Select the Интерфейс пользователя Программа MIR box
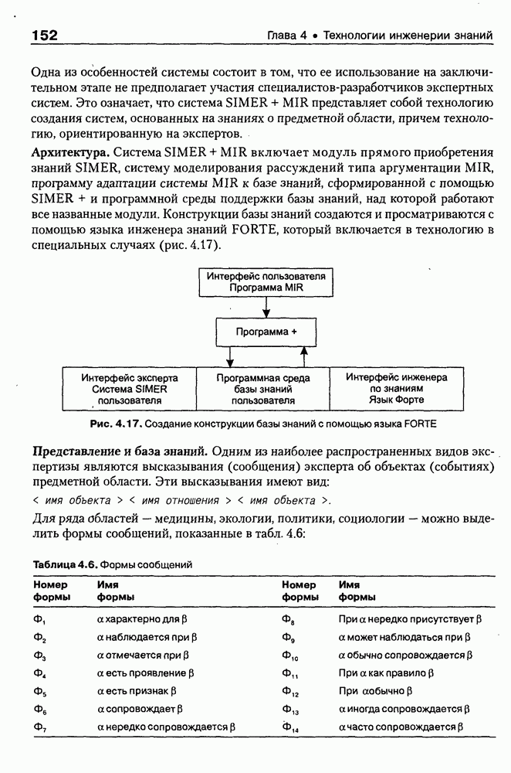pyautogui.click(x=266, y=281)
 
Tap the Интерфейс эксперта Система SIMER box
pyautogui.click(x=130, y=390)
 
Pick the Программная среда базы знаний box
pyautogui.click(x=263, y=390)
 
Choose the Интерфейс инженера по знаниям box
pyautogui.click(x=397, y=390)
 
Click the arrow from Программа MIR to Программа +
pyautogui.click(x=266, y=306)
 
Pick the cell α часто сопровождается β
pyautogui.click(x=401, y=727)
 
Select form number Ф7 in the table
pyautogui.click(x=39, y=727)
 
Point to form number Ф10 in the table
pyautogui.click(x=290, y=656)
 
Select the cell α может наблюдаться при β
pyautogui.click(x=404, y=637)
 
